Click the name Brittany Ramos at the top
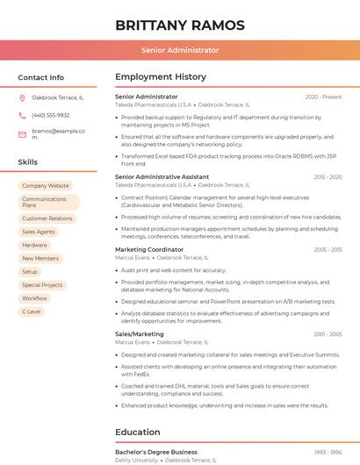point(180,25)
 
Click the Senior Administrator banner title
point(180,50)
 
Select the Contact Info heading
point(41,77)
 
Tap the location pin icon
point(22,97)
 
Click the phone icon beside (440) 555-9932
point(22,116)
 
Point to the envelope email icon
point(22,135)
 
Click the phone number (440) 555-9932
point(50,116)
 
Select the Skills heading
point(28,162)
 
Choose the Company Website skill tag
point(45,186)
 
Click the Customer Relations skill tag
point(47,218)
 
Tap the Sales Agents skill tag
point(38,232)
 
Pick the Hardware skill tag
point(34,245)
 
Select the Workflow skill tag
point(34,298)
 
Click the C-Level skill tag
point(32,311)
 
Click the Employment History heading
point(161,77)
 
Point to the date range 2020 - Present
point(323,97)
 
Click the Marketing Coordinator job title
point(149,250)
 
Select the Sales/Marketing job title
point(140,334)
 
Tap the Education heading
point(138,433)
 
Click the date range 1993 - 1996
point(328,452)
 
